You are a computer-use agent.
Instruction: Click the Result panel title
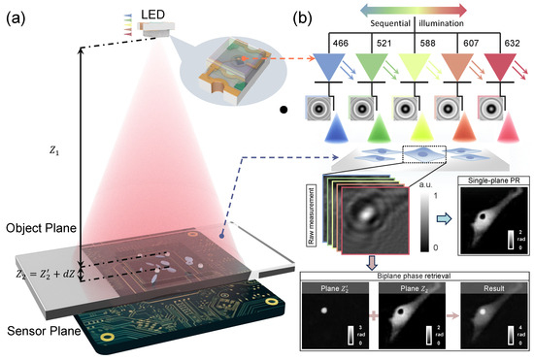(x=486, y=289)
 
